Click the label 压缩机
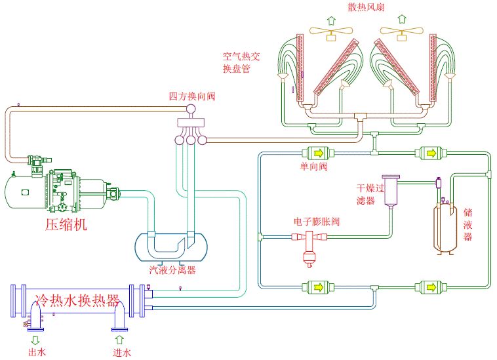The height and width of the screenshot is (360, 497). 66,225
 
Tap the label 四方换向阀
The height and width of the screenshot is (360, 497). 192,96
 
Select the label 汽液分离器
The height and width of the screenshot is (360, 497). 173,270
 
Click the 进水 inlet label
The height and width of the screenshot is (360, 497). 121,353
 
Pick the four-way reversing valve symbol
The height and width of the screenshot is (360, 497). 191,127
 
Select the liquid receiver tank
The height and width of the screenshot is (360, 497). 447,227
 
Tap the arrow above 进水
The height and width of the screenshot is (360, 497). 119,339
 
